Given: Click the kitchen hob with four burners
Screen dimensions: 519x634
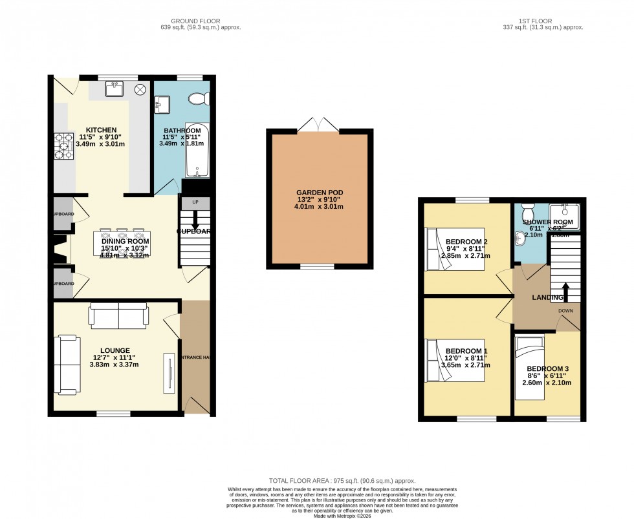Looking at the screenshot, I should click(65, 145).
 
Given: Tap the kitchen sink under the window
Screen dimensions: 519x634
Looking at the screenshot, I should click(115, 89).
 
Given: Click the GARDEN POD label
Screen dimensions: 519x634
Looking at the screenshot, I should click(320, 193).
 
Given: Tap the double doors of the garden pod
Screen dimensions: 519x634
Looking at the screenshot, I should click(320, 123).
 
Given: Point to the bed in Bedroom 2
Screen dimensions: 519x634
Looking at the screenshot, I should click(446, 249).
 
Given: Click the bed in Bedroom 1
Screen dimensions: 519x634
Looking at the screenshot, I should click(446, 360).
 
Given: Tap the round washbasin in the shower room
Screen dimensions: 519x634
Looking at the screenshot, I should click(520, 238).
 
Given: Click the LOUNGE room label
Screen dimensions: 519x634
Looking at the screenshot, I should click(114, 350).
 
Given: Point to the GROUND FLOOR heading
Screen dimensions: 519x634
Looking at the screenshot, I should click(188, 20).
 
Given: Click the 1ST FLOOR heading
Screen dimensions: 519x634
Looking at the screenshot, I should click(543, 20).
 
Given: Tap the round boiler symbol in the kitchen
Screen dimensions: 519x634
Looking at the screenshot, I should click(140, 89).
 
